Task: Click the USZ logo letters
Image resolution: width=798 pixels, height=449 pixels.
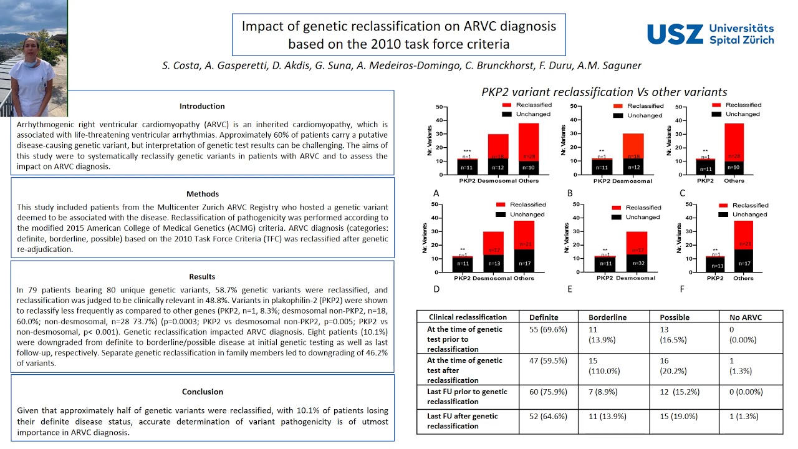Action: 675,34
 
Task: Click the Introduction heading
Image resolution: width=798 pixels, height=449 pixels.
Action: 202,106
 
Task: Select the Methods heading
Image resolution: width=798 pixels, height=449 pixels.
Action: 202,194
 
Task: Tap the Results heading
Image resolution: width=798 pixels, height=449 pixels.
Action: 202,276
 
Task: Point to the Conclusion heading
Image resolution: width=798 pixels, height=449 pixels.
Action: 202,392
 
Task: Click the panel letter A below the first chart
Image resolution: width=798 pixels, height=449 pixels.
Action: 436,193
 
